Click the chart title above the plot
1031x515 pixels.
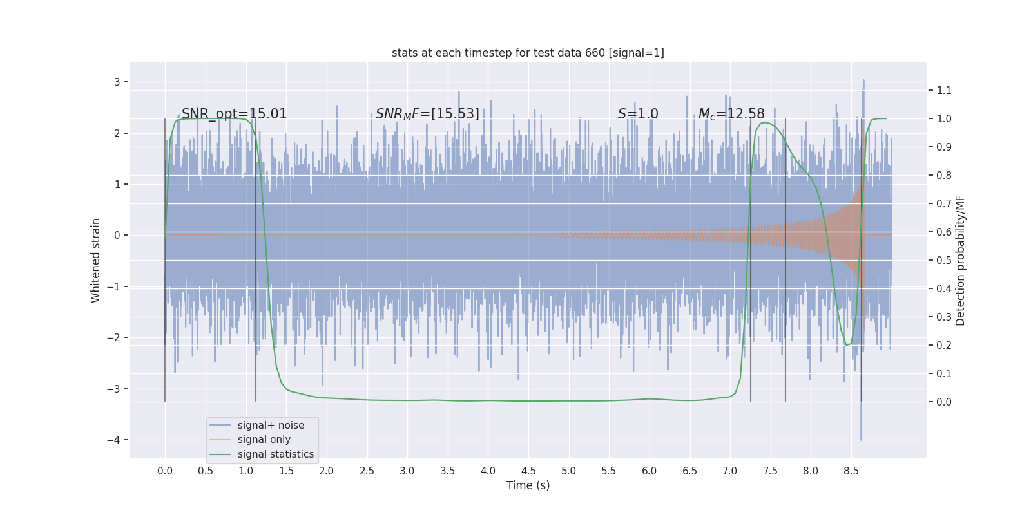click(x=528, y=53)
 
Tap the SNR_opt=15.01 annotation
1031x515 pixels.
click(x=234, y=114)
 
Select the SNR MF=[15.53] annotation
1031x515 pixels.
click(x=427, y=114)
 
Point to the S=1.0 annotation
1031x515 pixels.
click(x=638, y=114)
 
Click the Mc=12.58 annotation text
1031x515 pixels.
click(x=731, y=114)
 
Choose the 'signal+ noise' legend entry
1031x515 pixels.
click(x=271, y=426)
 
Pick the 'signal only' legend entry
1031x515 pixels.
click(x=264, y=440)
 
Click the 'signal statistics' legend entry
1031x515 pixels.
click(x=275, y=454)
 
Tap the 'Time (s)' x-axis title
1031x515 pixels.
click(x=528, y=485)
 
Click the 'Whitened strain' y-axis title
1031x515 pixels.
click(x=96, y=260)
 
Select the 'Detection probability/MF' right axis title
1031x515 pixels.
click(x=961, y=260)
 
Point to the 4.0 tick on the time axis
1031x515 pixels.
click(x=488, y=471)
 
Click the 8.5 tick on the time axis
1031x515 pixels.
click(x=851, y=471)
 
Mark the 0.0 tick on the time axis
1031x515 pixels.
click(x=165, y=471)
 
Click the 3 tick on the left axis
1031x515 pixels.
click(x=117, y=82)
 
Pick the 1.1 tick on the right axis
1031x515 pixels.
click(x=944, y=90)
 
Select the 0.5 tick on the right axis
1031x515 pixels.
click(x=944, y=260)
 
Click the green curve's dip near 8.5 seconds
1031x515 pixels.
click(x=848, y=344)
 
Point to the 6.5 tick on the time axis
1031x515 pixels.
click(x=689, y=471)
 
